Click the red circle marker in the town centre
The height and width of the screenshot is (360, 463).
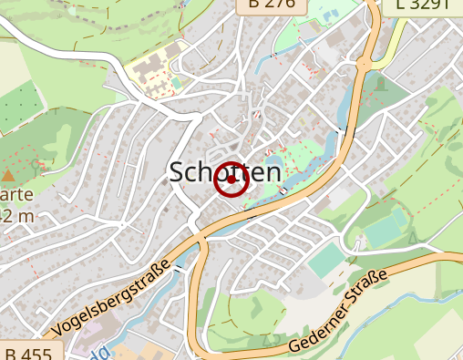[x=231, y=180]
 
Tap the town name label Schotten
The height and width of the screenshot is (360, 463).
[x=224, y=173]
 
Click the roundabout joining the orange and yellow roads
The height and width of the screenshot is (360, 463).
[x=366, y=63]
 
